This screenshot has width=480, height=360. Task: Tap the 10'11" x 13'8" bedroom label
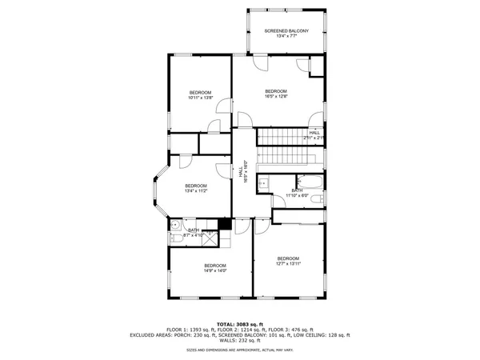200,94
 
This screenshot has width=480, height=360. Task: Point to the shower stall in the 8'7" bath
210,237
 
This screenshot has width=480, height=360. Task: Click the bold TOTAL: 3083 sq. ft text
239,321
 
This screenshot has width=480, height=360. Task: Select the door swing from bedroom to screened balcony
262,65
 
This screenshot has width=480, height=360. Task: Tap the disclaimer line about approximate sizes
239,350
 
